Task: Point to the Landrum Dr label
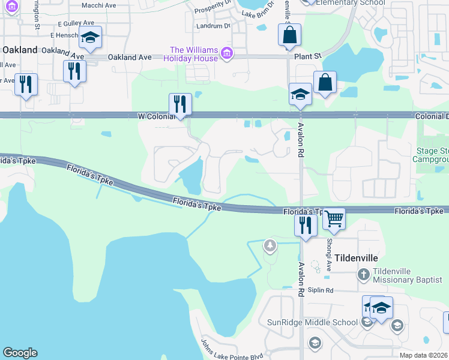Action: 213,26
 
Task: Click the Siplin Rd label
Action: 320,290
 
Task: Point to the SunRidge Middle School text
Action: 312,322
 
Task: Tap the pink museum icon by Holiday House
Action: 227,54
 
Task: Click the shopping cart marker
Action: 334,220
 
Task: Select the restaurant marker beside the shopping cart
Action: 306,225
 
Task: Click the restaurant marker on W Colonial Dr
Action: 179,104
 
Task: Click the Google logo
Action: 20,353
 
